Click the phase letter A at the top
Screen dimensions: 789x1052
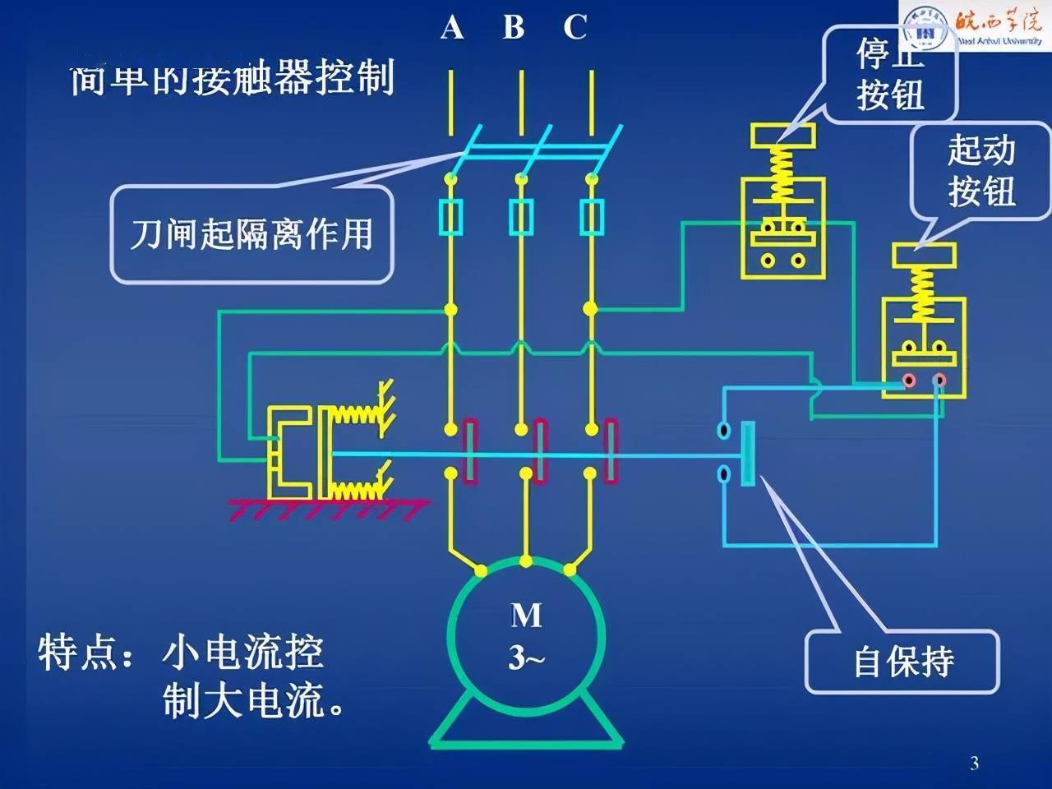coord(451,28)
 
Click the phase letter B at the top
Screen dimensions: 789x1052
coord(514,28)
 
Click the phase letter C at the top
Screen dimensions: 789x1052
coord(575,28)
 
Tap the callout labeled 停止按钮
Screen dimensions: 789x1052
coord(890,76)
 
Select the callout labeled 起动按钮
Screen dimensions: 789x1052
coord(981,171)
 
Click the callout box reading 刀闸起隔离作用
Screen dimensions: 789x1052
coord(251,234)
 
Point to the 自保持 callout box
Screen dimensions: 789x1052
coord(902,662)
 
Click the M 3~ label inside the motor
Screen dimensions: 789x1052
coord(526,635)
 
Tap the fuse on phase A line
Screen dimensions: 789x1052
coord(450,218)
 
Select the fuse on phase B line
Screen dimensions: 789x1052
coord(520,218)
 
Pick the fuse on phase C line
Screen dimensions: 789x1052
coord(591,218)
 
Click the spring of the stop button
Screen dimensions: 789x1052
coord(783,174)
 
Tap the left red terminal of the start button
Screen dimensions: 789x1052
coord(909,381)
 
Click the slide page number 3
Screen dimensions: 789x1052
coord(974,763)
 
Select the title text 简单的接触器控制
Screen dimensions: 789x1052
coord(232,80)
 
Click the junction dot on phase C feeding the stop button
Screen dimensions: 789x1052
coord(591,309)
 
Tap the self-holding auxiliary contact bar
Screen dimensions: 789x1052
coord(747,453)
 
